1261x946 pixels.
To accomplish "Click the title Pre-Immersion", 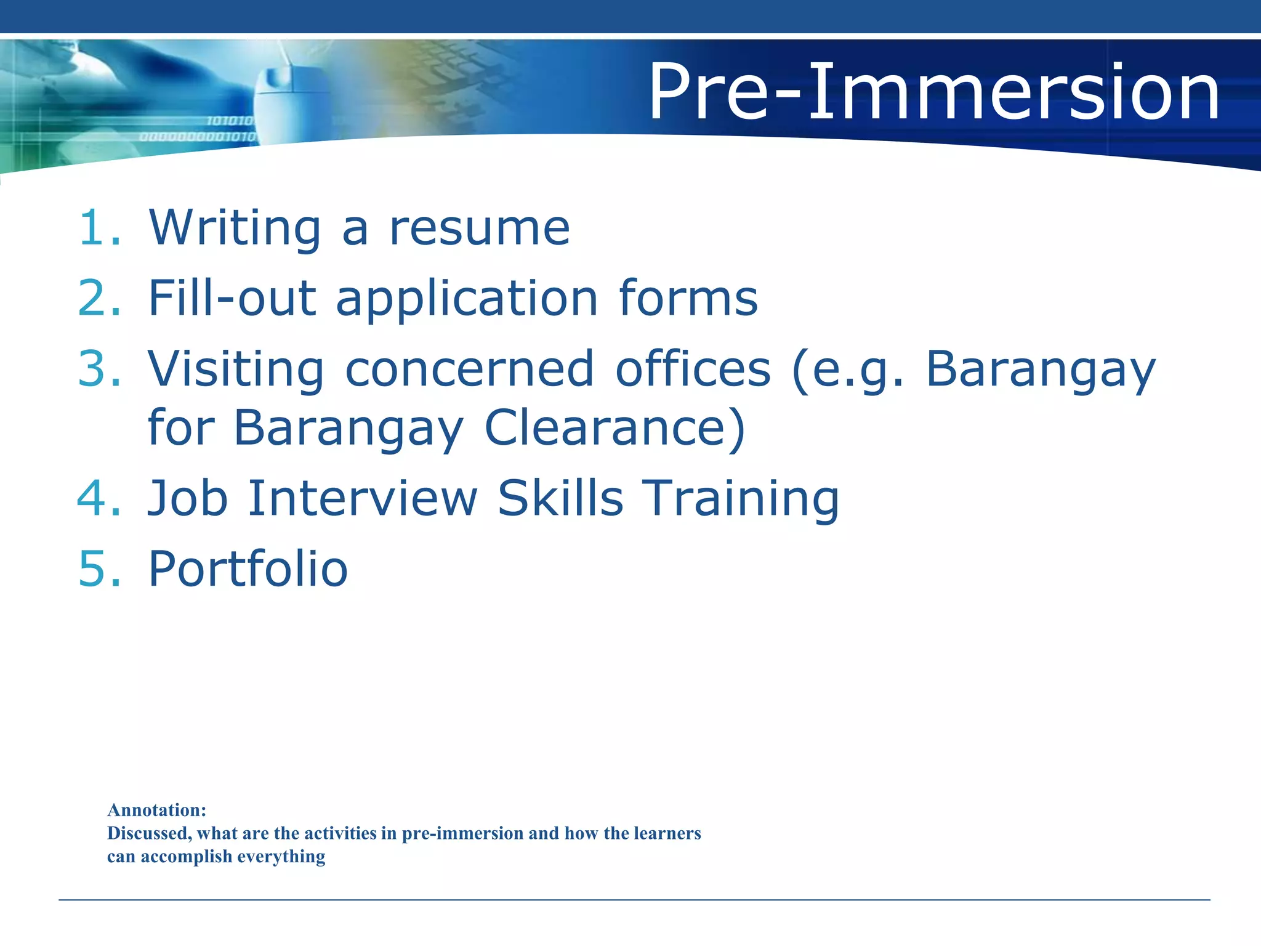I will (x=933, y=92).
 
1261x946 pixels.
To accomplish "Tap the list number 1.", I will (x=99, y=228).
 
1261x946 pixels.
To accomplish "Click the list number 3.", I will (x=99, y=369).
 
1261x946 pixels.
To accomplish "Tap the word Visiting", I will (x=236, y=370).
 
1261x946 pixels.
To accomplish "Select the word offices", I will (x=693, y=369).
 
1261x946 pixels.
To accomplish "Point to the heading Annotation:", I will (x=157, y=810).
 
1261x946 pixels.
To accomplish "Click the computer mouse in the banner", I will (x=287, y=99).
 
